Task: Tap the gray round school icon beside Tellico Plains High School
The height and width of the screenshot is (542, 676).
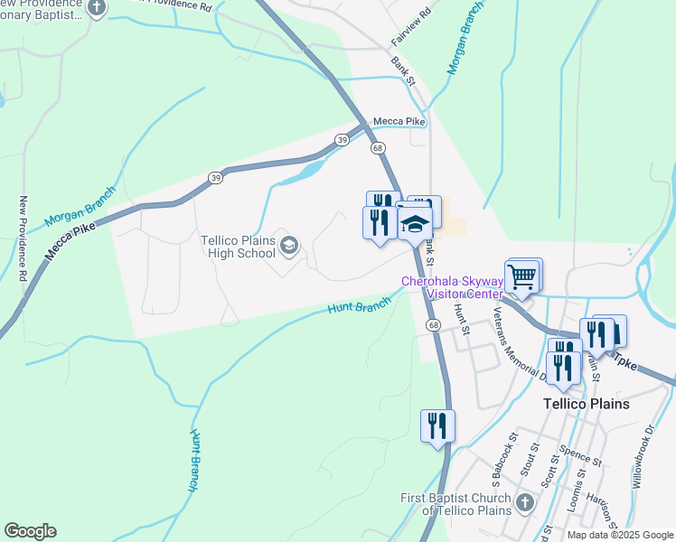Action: point(289,246)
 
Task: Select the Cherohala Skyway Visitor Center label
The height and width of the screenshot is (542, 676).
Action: point(451,287)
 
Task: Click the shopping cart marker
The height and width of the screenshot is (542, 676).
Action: point(521,277)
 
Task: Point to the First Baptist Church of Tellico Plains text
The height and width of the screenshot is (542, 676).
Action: point(455,504)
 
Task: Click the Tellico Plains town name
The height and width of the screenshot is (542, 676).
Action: point(585,404)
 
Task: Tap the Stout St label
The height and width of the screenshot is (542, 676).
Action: point(527,461)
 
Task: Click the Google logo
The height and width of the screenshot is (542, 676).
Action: point(30,531)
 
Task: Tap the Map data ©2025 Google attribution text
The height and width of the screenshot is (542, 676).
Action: point(620,535)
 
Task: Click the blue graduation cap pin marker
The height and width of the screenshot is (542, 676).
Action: point(415,226)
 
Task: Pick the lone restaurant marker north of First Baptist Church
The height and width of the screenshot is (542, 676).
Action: point(437,426)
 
